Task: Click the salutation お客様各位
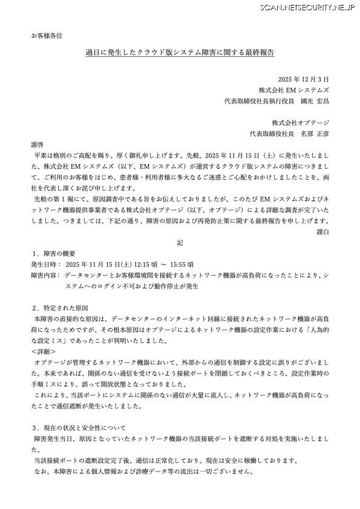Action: [47, 36]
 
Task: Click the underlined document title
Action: [180, 53]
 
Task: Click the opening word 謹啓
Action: [38, 144]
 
